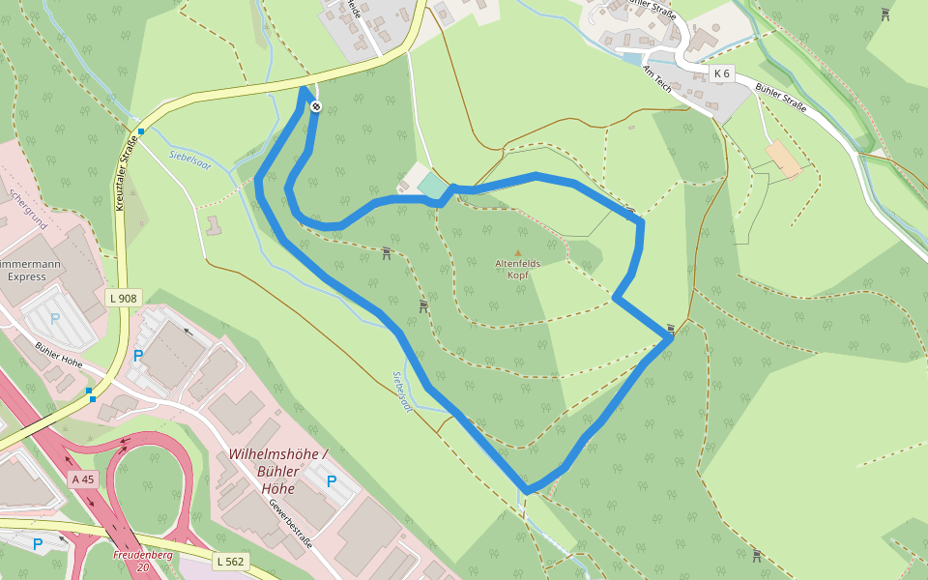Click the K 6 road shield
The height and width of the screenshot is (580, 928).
721,73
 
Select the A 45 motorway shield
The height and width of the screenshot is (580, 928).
83,478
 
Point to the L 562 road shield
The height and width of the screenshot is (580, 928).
231,561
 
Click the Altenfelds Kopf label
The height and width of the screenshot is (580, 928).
517,268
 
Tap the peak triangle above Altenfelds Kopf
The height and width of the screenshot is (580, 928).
517,252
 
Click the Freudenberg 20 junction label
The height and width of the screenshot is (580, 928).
143,561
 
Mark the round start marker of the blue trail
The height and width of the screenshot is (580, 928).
315,106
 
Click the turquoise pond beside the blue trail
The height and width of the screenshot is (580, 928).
433,184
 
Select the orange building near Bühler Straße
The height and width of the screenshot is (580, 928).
784,159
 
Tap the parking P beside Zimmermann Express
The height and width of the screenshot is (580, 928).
55,318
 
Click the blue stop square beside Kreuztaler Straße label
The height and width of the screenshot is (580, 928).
141,131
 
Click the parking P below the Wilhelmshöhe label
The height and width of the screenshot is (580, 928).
332,480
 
